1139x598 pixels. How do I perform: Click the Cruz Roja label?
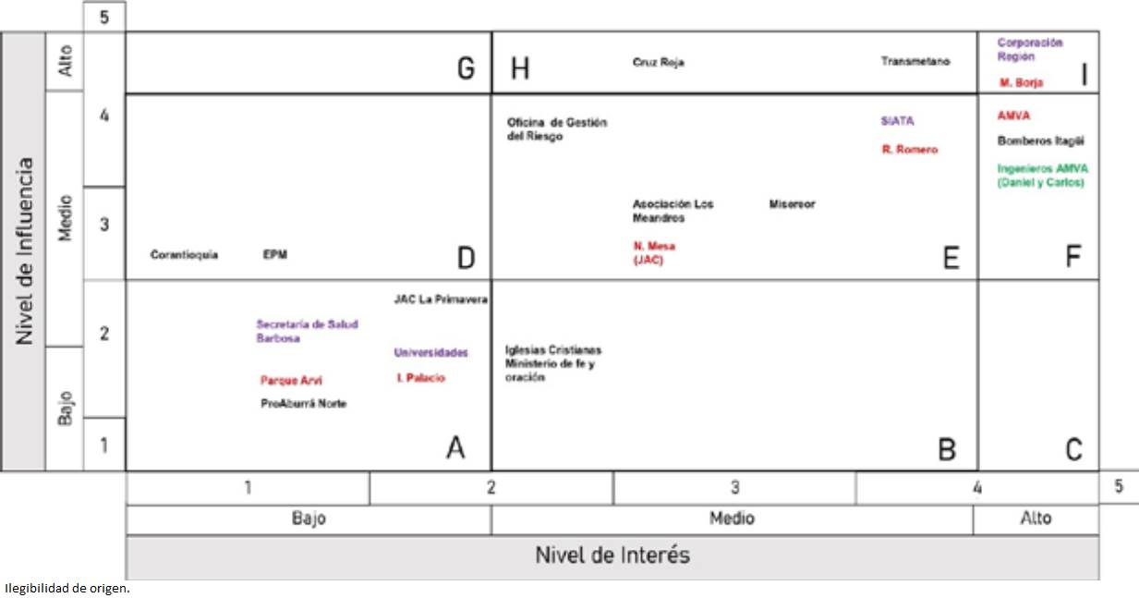click(x=658, y=63)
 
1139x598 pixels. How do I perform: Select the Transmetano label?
click(x=915, y=62)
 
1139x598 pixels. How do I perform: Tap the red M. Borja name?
click(x=1021, y=83)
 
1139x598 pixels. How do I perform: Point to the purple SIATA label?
click(x=897, y=121)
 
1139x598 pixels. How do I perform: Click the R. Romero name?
click(x=909, y=150)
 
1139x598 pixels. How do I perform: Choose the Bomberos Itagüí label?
click(x=1040, y=141)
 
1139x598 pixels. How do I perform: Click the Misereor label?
click(x=792, y=204)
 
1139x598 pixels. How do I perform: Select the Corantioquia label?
click(x=184, y=255)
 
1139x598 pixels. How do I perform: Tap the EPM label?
click(x=274, y=255)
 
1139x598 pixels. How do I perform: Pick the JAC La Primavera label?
click(x=440, y=299)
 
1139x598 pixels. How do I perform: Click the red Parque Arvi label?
click(x=291, y=380)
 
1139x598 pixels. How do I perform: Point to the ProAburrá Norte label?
click(x=303, y=404)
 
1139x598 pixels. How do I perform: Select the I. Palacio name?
click(x=419, y=378)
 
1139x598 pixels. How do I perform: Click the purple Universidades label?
click(x=430, y=353)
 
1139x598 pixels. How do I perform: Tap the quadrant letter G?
click(x=466, y=69)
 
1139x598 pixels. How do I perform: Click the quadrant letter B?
click(x=946, y=449)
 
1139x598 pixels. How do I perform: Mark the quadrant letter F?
click(x=1072, y=257)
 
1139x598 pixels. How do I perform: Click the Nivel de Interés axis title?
click(x=612, y=555)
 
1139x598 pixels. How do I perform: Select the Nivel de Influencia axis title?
click(x=24, y=251)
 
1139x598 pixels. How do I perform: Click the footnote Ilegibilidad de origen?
click(x=67, y=588)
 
